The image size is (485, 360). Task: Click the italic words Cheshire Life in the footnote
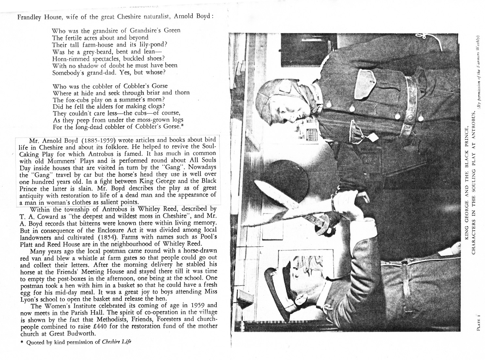tap(117, 342)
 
